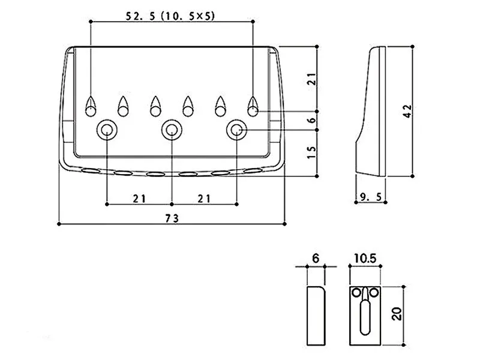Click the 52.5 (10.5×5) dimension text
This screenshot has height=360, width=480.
pos(170,16)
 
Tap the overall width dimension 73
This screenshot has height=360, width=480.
pos(172,218)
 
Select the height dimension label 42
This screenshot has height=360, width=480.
pos(407,111)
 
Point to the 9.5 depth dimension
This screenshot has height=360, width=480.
pos(371,197)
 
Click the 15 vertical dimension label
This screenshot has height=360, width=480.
pos(311,152)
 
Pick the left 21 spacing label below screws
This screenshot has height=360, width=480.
pos(139,199)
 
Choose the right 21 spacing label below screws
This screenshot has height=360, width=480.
pos(204,199)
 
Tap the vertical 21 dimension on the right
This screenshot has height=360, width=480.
pos(311,79)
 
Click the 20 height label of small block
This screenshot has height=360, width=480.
pos(397,314)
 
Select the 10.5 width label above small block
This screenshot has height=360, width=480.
pos(365,259)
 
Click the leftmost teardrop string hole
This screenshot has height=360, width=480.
pos(91,107)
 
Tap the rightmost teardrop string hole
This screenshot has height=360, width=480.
pos(253,107)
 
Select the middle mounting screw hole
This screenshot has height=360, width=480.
pos(172,130)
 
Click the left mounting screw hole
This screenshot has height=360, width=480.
pos(107,130)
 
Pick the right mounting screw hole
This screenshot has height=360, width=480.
pos(236,130)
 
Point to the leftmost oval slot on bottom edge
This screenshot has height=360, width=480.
pos(91,171)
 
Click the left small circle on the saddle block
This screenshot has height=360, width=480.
pos(356,293)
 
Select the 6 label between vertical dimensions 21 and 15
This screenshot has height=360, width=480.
pos(311,121)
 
